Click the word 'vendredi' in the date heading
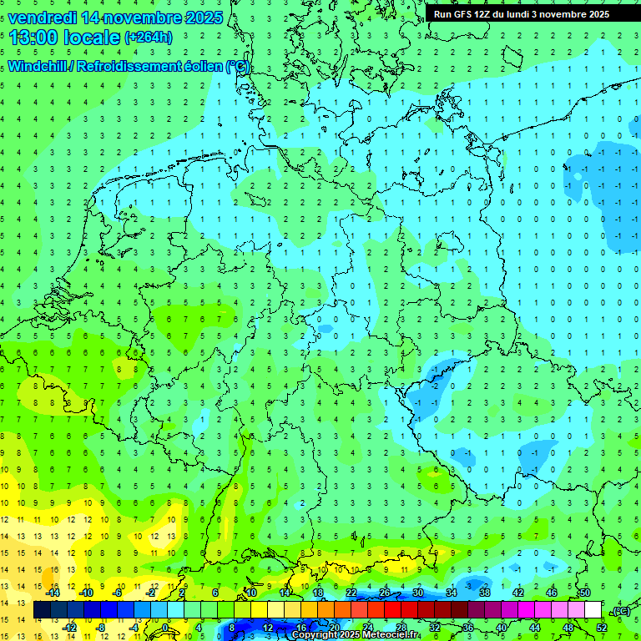pos(42,18)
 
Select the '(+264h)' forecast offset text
pos(149,38)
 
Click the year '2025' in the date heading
pos(203,18)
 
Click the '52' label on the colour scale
pos(602,627)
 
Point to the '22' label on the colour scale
pos(351,592)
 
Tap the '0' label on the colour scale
pos(165,627)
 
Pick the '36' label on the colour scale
pos(468,627)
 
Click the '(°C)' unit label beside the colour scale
pos(621,612)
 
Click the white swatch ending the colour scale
pos(593,610)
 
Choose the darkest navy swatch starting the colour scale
pos(42,610)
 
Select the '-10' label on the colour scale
pos(85,592)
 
